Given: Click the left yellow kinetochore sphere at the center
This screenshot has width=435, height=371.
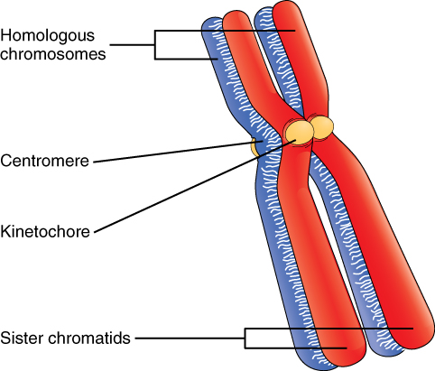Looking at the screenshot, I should point(299,132).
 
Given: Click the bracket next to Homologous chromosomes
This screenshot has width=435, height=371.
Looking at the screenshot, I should point(157,45).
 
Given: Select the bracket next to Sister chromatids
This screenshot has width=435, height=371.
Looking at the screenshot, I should point(247,338).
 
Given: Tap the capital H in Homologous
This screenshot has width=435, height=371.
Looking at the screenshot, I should point(5,37).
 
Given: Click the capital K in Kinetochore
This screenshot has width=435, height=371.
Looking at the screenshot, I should point(5,232).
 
